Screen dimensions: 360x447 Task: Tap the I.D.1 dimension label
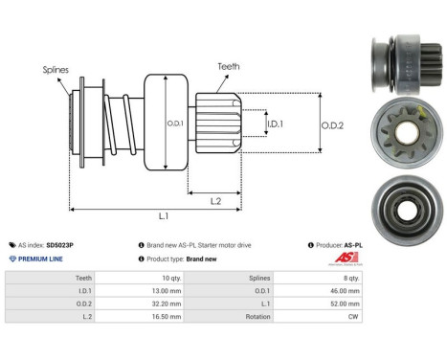[274, 124]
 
